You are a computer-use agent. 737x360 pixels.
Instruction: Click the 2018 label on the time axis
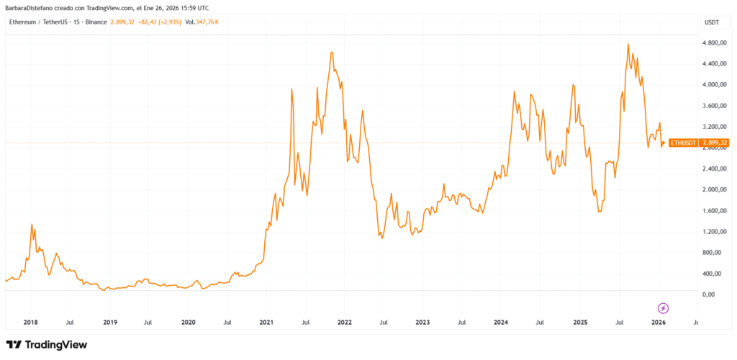(31, 323)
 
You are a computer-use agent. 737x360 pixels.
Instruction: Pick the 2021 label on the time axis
(266, 323)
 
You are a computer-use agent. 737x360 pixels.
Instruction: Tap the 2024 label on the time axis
(502, 323)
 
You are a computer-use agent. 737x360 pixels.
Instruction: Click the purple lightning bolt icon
(664, 308)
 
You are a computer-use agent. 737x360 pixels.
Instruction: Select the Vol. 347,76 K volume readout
(202, 22)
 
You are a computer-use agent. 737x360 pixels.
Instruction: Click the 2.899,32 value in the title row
(122, 22)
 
